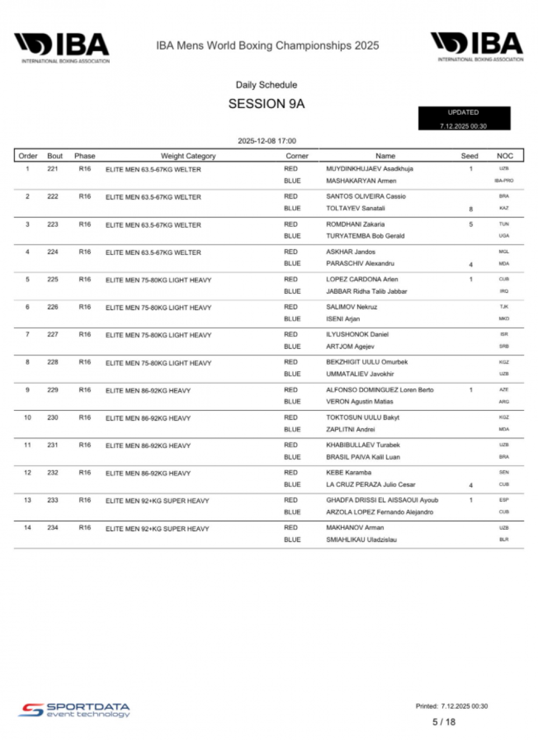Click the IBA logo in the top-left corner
(62, 47)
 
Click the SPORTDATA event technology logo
(74, 710)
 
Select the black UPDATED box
(464, 118)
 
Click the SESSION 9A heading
(266, 104)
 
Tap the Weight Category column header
(188, 156)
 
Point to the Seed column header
(469, 156)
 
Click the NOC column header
(505, 156)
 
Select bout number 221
(53, 169)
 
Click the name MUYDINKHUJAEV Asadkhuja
(370, 169)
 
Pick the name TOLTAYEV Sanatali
(356, 208)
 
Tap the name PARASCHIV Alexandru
(360, 264)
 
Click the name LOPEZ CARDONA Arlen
(362, 279)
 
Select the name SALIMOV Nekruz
(351, 307)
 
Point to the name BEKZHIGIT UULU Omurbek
(367, 362)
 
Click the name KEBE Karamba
(349, 472)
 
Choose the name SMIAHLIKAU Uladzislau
(361, 539)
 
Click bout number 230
(53, 417)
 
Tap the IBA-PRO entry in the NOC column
(504, 181)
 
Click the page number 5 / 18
(444, 722)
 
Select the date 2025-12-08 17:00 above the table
(267, 141)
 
